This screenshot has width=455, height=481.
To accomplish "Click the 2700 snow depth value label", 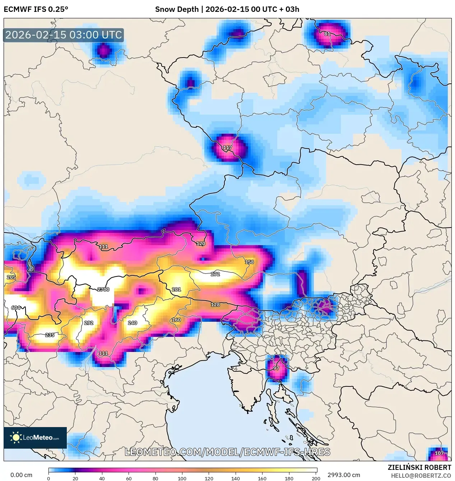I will click(103, 289).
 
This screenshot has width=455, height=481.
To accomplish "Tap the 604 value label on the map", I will click(16, 308).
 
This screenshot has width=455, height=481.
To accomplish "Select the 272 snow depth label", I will click(215, 274).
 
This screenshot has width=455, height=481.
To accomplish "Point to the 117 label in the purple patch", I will click(227, 147).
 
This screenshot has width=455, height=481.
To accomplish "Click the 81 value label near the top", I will click(327, 34).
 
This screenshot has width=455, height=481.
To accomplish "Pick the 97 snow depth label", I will click(276, 368).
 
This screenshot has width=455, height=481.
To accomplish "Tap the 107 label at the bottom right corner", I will click(439, 453).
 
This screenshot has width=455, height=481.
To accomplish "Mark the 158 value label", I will click(249, 262).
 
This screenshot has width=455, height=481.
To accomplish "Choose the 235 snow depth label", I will click(50, 335).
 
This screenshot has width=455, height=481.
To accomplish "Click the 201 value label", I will click(176, 289).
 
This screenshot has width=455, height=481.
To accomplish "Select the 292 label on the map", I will click(89, 323).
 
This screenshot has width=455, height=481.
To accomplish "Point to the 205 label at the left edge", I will click(11, 277).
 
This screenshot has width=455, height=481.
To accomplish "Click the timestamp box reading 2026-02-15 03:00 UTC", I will click(64, 35).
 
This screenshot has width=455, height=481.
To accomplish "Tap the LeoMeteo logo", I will click(35, 438).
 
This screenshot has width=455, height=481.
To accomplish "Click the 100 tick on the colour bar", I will click(182, 478).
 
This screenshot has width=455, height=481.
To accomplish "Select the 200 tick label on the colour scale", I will click(316, 478).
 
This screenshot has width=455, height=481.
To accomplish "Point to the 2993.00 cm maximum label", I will click(343, 475).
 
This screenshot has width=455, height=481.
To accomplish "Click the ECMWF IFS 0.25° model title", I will click(36, 9).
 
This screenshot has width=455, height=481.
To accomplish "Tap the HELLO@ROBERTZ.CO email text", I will click(421, 476).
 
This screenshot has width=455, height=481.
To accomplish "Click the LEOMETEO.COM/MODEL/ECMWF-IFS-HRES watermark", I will click(227, 452).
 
